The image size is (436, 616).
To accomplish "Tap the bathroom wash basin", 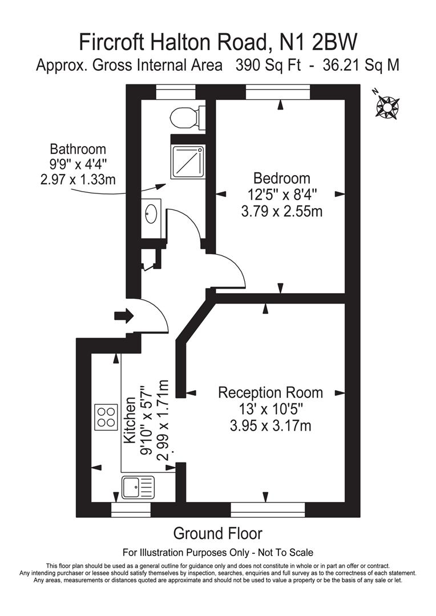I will click(x=152, y=214).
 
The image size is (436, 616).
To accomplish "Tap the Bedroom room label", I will click(x=282, y=177).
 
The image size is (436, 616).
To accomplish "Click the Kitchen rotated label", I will click(x=131, y=421).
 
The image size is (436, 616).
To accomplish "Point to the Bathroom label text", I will click(x=78, y=149).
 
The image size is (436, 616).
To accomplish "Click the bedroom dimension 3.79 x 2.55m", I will click(x=282, y=212).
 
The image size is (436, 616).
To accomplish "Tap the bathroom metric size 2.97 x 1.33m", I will click(x=78, y=180).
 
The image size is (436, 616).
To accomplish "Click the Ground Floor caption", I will click(x=217, y=533).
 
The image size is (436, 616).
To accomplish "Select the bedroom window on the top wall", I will click(x=278, y=91).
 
